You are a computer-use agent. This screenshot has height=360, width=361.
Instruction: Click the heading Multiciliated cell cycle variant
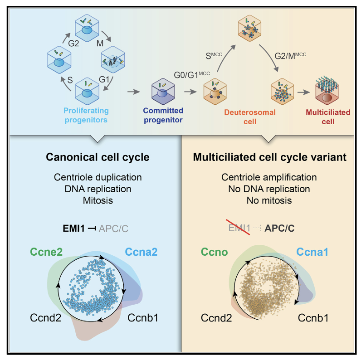271,158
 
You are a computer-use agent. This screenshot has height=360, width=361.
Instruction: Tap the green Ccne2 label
47,252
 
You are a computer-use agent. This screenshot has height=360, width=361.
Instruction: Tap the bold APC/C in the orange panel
279,228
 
